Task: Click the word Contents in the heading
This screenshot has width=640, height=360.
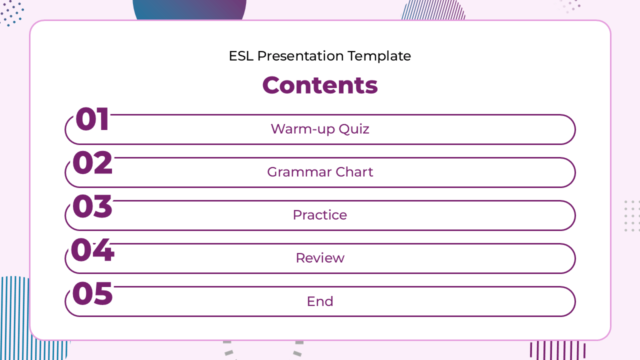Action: click(x=320, y=85)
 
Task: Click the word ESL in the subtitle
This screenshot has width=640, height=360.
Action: click(x=241, y=56)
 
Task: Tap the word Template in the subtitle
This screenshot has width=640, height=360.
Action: click(x=379, y=56)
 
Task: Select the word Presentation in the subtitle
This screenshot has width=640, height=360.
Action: click(x=300, y=56)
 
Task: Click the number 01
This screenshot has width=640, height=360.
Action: click(x=92, y=119)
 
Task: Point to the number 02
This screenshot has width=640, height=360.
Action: click(x=92, y=162)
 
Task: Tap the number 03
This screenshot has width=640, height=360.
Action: click(x=92, y=206)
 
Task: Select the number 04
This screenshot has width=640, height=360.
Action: click(x=92, y=249)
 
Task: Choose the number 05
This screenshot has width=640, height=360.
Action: click(x=92, y=293)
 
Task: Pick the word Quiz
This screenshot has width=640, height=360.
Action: click(x=354, y=129)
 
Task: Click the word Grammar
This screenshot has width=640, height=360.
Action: click(x=299, y=172)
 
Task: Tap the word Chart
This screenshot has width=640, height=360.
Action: click(x=354, y=172)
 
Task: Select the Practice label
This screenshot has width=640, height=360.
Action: click(x=320, y=215)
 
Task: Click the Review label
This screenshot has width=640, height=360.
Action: click(x=320, y=258)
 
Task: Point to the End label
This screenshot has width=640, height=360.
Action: click(x=320, y=301)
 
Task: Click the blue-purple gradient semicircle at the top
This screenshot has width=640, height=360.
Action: click(x=189, y=9)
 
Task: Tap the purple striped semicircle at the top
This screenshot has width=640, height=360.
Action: click(x=433, y=10)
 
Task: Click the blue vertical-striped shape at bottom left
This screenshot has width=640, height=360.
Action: click(x=14, y=317)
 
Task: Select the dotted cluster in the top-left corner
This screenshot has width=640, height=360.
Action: click(x=12, y=13)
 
